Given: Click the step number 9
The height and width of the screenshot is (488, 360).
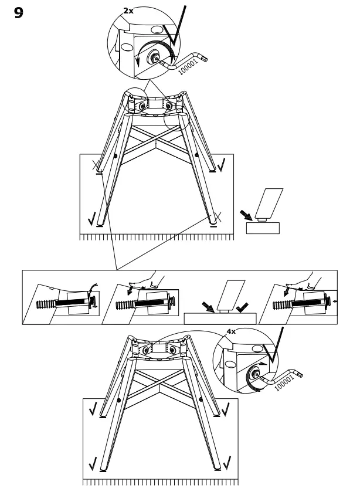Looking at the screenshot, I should tap(19, 13).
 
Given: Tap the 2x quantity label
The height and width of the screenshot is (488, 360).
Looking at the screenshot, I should tap(128, 11).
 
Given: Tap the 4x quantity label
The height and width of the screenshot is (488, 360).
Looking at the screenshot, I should tap(231, 331).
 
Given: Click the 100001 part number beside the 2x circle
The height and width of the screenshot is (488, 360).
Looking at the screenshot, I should tap(188, 67).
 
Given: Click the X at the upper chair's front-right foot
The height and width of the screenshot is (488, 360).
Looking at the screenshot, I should tap(216, 218).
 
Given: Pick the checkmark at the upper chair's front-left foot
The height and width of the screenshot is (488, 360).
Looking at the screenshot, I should tap(91, 219).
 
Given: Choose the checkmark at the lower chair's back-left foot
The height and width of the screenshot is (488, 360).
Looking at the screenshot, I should tap(93, 408).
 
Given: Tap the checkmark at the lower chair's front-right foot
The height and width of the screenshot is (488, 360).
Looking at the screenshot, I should tap(226, 463).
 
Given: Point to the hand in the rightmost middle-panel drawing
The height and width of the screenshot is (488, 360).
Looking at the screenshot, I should tap(309, 280).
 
